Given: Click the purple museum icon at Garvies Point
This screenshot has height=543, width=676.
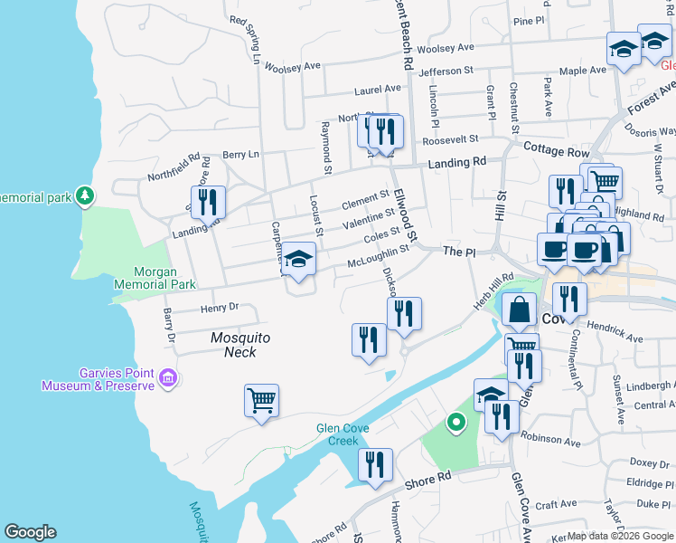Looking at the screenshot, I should click(x=167, y=377).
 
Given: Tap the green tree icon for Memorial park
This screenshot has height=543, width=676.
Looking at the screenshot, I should click(x=85, y=195).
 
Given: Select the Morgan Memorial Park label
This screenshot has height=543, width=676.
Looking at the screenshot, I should click(x=152, y=277).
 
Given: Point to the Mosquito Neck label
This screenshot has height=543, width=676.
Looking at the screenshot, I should click(x=240, y=344).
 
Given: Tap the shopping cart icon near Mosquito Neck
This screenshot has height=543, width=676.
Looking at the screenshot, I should click(x=261, y=400).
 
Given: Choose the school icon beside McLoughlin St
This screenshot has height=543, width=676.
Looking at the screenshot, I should click(x=298, y=261).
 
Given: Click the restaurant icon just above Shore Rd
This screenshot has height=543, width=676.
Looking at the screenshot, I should click(x=375, y=465).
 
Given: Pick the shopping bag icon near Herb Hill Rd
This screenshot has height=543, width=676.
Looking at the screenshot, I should click(x=520, y=311).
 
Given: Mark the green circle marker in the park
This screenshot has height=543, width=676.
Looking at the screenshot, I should click(x=456, y=421).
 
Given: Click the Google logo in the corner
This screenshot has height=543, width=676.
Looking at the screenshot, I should click(x=30, y=532).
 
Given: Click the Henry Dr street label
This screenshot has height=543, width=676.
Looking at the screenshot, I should click(x=220, y=308).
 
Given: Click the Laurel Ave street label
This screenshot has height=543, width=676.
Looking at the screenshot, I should click(x=378, y=90).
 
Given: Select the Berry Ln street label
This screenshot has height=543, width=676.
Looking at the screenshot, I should click(x=240, y=155).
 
